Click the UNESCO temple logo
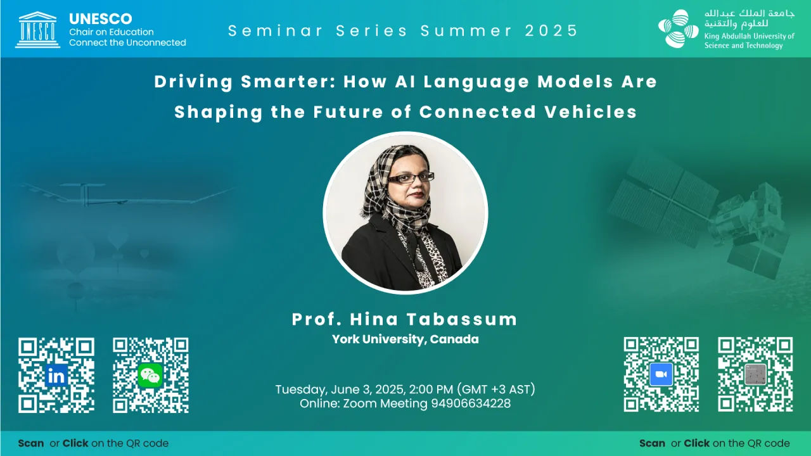(x=37, y=30)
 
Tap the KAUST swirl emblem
(x=678, y=28)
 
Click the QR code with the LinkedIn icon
(x=56, y=375)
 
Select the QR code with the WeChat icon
(x=151, y=375)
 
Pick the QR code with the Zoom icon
(x=661, y=374)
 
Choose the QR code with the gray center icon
(x=755, y=374)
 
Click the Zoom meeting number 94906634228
(x=471, y=403)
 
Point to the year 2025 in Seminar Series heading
(x=551, y=31)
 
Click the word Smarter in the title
(x=287, y=82)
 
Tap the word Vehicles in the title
(x=591, y=111)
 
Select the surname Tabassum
(x=462, y=319)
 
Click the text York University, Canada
(x=405, y=339)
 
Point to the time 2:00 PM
(x=431, y=389)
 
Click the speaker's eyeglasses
(x=411, y=178)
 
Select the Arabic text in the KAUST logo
(x=749, y=19)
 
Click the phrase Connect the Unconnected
(x=127, y=42)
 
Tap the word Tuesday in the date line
(x=301, y=389)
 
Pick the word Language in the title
(x=476, y=82)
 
